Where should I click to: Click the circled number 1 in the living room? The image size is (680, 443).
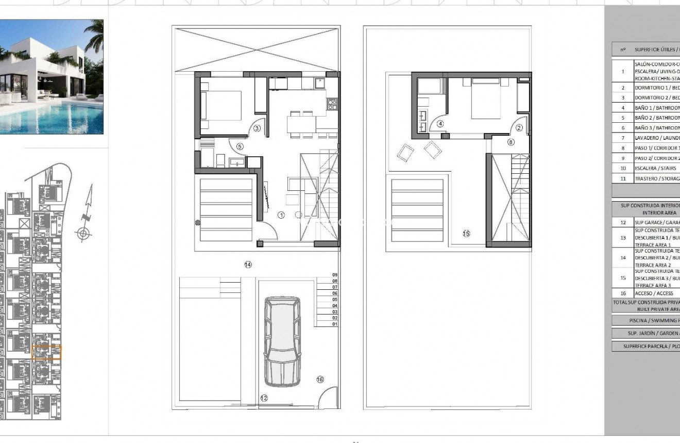point(281,215)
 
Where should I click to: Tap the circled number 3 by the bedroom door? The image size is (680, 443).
point(257,128)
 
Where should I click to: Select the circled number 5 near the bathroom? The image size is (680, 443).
point(240,146)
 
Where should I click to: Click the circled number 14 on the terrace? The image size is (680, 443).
point(248,265)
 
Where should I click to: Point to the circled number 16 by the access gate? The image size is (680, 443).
point(320,380)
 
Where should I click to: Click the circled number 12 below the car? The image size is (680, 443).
point(264,398)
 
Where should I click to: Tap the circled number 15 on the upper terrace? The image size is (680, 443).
point(466,234)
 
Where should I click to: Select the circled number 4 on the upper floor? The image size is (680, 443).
point(440,124)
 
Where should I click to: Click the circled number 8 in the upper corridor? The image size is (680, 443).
point(511,142)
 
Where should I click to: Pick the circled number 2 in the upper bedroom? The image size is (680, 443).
point(519,128)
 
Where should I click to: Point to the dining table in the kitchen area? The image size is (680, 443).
point(301,124)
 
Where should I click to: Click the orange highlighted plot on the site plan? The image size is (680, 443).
point(46,352)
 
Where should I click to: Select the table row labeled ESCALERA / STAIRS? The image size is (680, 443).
point(644,168)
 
